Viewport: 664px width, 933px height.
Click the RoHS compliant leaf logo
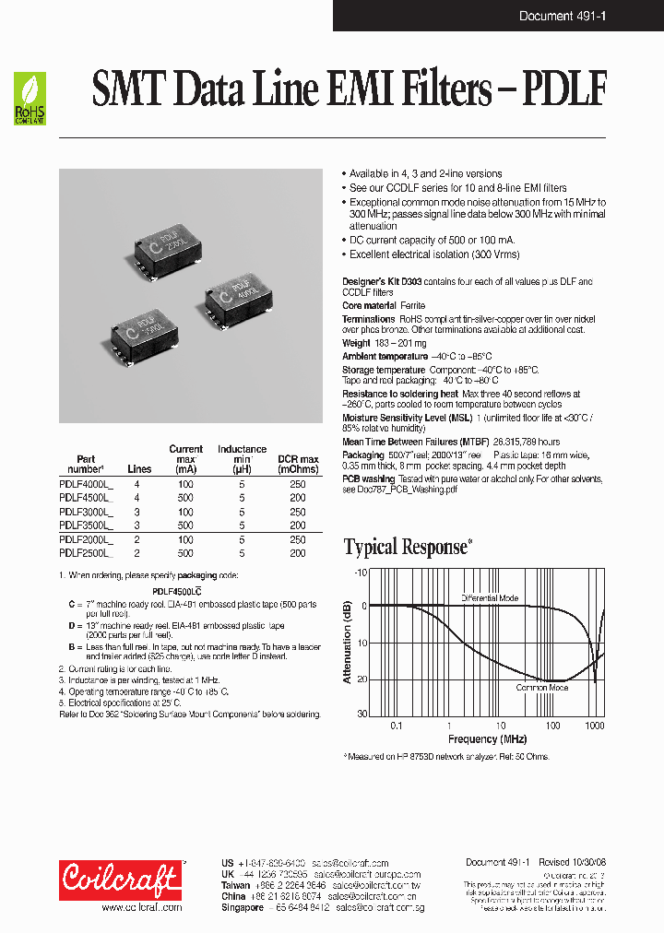coord(30,99)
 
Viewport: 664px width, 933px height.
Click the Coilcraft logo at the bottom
coord(121,880)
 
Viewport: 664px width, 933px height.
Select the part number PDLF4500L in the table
coord(85,497)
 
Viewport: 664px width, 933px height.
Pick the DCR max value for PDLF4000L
coord(297,483)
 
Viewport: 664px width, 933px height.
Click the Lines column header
coord(138,469)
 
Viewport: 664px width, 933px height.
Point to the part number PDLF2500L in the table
coord(85,553)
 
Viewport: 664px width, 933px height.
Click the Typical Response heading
coord(406,548)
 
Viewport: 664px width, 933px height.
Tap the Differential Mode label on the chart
coord(490,598)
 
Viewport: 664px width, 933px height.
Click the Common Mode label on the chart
coord(541,688)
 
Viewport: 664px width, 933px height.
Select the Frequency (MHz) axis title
coord(488,739)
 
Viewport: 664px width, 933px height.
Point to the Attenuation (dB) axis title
coord(348,643)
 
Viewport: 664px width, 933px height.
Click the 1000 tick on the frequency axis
coord(595,726)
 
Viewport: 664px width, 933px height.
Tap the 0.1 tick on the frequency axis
coord(397,726)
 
